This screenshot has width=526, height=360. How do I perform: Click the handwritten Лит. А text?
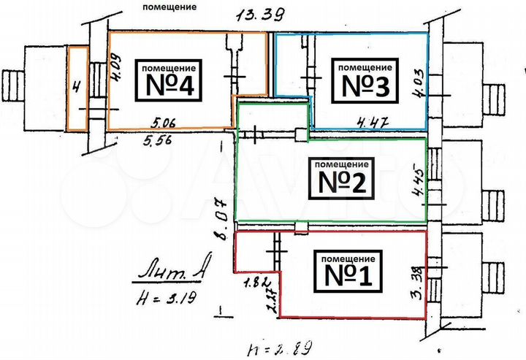167,272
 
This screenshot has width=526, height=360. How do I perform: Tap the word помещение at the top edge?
169,7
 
